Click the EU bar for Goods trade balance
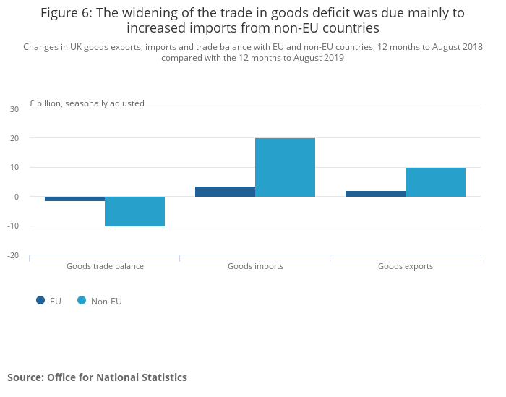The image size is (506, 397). point(74,199)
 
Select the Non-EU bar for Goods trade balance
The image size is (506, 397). point(134,211)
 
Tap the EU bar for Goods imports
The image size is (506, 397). point(225,192)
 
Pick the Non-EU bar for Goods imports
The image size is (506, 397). point(285,167)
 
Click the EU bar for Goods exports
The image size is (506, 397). point(375,194)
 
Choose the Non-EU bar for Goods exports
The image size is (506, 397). point(435,182)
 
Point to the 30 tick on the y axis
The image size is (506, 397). point(14,109)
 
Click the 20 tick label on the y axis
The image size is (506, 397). point(14,138)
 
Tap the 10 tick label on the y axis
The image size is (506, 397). point(14,168)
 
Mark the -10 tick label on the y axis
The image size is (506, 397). point(13,226)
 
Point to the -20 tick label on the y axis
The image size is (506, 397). point(13,255)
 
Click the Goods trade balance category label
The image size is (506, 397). point(105,266)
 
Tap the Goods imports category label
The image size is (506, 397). point(255,266)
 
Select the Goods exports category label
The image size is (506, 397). point(406,266)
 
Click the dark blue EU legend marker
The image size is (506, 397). point(40,300)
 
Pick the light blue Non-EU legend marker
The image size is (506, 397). point(82,300)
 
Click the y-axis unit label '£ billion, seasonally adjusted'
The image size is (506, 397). point(87,103)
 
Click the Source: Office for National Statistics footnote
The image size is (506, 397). point(97,377)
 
